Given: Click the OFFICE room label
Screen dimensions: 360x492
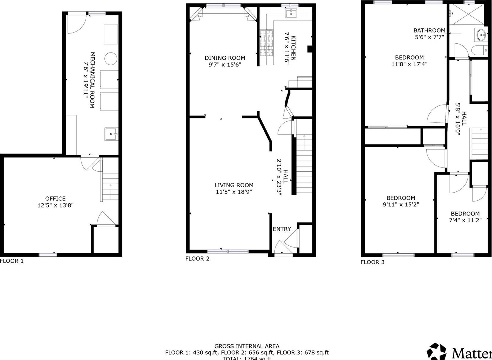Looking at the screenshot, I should pyautogui.click(x=55, y=199).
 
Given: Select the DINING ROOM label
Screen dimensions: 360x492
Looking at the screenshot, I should pyautogui.click(x=225, y=58).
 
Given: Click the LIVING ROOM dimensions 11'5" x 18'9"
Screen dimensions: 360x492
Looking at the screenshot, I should pyautogui.click(x=234, y=192).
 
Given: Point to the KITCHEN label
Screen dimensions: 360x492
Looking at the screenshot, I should pyautogui.click(x=293, y=48).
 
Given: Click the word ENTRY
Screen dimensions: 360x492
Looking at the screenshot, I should pyautogui.click(x=282, y=229).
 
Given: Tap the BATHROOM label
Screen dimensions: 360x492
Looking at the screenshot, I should pyautogui.click(x=429, y=30).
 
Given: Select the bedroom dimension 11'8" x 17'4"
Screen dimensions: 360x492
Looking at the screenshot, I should pyautogui.click(x=409, y=64).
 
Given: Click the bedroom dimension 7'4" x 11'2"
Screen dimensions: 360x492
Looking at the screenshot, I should pyautogui.click(x=465, y=220).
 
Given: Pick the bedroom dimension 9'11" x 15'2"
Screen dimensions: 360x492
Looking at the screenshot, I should pyautogui.click(x=401, y=204).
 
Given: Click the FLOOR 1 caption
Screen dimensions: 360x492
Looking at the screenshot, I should pyautogui.click(x=12, y=261).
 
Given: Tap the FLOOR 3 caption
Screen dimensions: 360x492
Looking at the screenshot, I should pyautogui.click(x=372, y=262).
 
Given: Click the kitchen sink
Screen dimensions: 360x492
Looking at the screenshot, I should pyautogui.click(x=291, y=13).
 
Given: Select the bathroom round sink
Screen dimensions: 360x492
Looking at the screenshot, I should pyautogui.click(x=481, y=35).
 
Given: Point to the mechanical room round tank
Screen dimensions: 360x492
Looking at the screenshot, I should pyautogui.click(x=111, y=58).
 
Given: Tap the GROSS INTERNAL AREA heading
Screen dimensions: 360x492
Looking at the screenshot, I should pyautogui.click(x=247, y=346).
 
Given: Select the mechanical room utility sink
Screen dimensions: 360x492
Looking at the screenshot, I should pyautogui.click(x=111, y=134).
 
